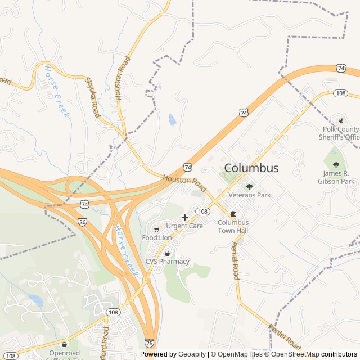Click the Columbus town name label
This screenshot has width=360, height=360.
click(251, 168)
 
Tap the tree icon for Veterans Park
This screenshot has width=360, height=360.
click(249, 186)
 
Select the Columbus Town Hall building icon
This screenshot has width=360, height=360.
click(233, 214)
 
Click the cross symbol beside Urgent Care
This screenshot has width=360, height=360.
click(184, 217)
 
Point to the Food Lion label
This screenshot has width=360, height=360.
click(157, 238)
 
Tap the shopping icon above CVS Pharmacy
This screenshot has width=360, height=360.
click(167, 253)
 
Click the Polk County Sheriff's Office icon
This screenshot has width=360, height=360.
click(341, 120)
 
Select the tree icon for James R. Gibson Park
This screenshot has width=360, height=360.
click(336, 165)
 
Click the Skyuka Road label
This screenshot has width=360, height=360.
click(92, 97)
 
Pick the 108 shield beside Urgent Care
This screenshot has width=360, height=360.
click(204, 211)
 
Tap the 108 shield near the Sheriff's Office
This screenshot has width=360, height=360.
click(340, 93)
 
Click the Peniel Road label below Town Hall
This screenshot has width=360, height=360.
click(236, 260)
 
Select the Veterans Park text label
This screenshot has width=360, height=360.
click(250, 195)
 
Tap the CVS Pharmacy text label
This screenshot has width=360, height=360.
click(168, 262)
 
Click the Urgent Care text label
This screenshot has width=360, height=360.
click(184, 226)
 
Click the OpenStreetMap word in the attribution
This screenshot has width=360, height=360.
click(293, 354)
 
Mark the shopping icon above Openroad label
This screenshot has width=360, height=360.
click(64, 344)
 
